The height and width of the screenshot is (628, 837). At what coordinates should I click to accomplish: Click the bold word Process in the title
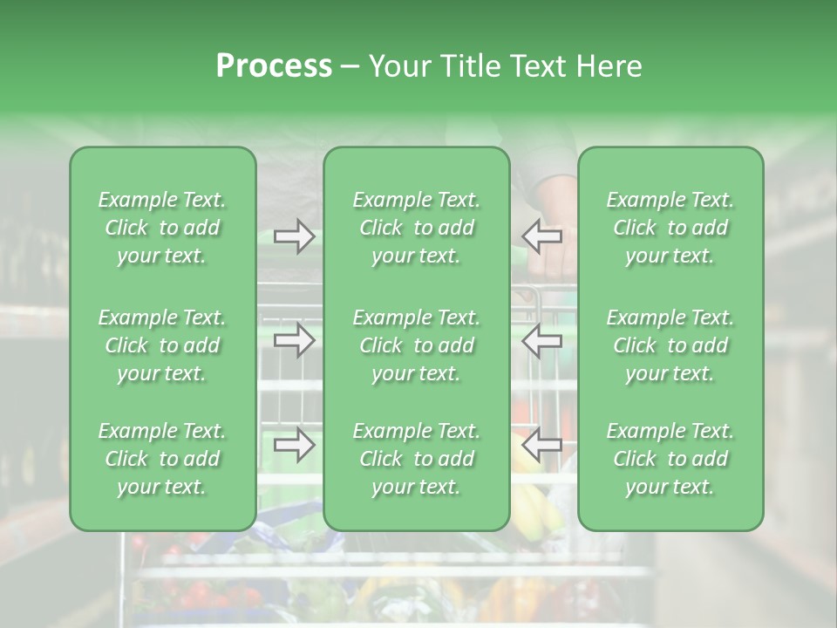point(274,66)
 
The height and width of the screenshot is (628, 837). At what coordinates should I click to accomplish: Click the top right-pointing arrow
point(295,235)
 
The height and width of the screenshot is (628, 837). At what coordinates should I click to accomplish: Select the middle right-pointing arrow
point(295,340)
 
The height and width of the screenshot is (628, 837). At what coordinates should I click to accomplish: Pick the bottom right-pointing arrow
point(295,445)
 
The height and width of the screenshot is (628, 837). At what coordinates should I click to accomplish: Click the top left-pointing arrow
point(541,235)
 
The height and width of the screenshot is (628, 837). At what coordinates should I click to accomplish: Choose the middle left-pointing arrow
point(541,340)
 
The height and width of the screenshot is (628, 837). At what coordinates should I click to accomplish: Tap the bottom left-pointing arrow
point(541,445)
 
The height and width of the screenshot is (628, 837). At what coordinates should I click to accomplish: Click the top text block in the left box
point(162,228)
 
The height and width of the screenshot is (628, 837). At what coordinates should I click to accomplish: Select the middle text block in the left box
point(162,345)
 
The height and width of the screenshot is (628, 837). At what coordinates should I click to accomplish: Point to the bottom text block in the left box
point(162,459)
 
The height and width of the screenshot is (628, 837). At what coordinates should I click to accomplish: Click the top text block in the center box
point(417,228)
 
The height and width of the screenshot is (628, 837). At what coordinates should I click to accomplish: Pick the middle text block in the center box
point(417,345)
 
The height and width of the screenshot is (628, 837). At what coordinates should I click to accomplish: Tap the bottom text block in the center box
point(417,459)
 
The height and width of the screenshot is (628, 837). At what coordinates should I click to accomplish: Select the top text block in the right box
point(670,228)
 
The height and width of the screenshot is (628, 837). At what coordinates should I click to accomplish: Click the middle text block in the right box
point(670,345)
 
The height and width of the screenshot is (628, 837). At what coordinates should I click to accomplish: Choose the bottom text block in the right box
point(670,459)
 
